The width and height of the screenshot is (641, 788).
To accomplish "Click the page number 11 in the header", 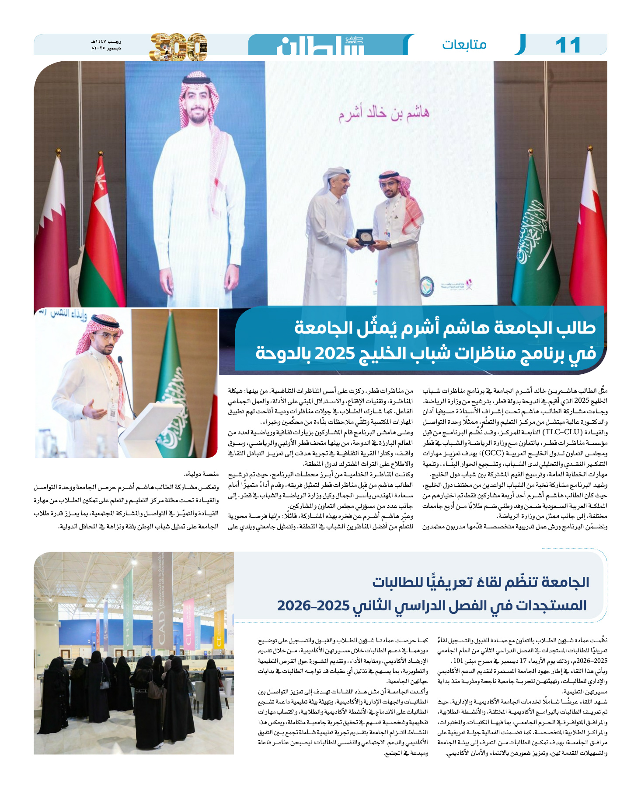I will (x=568, y=45).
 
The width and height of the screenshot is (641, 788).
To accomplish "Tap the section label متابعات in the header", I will (x=464, y=45).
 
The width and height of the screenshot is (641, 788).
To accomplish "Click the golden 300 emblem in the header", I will (x=178, y=46).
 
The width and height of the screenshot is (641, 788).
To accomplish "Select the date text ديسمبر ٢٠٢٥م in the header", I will (x=106, y=49).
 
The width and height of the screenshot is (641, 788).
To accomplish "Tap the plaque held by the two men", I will (x=364, y=236).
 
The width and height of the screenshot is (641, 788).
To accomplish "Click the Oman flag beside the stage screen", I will (x=101, y=236).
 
